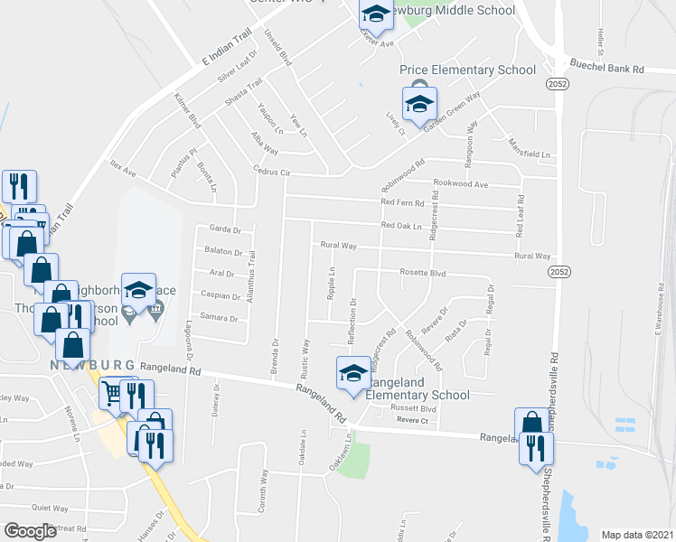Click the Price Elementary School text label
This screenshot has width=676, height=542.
468,70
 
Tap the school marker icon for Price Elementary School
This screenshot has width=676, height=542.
418,104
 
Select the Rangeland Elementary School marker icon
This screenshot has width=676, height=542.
353,373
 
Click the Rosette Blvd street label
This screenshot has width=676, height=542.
425,272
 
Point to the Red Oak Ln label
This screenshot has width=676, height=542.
402,225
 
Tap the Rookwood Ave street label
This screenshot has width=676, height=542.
462,185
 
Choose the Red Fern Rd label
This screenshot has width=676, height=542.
403,202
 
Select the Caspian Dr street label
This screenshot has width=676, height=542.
220,295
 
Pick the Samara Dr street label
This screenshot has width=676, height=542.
220,318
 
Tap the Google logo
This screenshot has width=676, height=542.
31,530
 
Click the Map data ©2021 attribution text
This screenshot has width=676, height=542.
637,535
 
